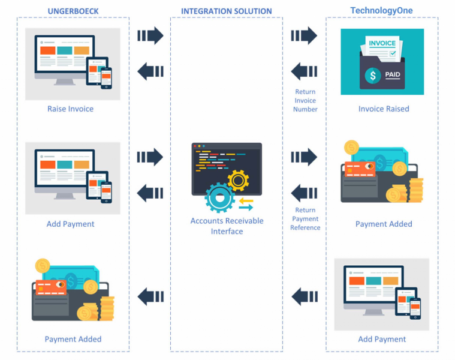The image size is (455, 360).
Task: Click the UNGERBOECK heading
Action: [73, 11]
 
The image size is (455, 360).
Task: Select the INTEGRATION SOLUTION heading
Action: [226, 11]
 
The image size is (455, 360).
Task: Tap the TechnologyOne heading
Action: [381, 10]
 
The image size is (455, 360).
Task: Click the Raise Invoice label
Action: [70, 109]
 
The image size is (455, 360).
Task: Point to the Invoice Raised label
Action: [384, 109]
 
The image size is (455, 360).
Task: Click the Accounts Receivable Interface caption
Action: [227, 226]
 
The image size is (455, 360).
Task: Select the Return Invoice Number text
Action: [305, 101]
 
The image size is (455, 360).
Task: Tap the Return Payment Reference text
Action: [305, 218]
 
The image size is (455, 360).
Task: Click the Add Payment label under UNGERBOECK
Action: [70, 224]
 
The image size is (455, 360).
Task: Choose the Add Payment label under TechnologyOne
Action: [382, 339]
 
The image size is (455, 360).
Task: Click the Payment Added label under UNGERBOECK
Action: [73, 339]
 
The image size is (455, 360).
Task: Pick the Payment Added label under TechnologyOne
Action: [384, 224]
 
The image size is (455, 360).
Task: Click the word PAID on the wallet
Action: [393, 75]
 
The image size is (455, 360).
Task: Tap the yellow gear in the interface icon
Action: [238, 179]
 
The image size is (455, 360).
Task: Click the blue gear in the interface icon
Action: [219, 197]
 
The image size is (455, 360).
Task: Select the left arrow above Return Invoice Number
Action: [304, 72]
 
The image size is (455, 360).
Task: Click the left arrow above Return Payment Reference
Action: [304, 193]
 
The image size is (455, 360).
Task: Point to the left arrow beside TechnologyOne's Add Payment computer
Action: [304, 296]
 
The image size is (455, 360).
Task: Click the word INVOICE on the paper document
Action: [382, 43]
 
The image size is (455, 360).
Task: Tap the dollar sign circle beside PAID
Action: [373, 76]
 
